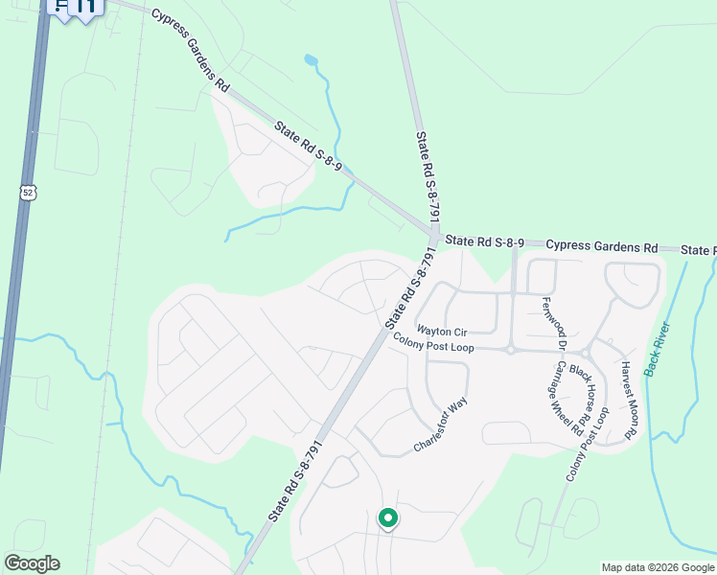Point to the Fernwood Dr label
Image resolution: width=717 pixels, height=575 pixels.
[x=556, y=324]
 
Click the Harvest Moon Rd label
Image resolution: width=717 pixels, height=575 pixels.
[x=629, y=401]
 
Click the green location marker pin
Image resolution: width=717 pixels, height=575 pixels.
[x=388, y=518]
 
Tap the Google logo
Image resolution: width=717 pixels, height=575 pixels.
[x=32, y=563]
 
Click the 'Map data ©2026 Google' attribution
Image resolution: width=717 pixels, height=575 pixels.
[x=658, y=567]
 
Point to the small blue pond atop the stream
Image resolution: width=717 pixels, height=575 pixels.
[x=310, y=60]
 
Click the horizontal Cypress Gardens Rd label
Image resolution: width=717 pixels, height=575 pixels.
[x=602, y=246]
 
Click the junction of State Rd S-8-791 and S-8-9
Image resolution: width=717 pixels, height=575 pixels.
[x=434, y=233]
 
